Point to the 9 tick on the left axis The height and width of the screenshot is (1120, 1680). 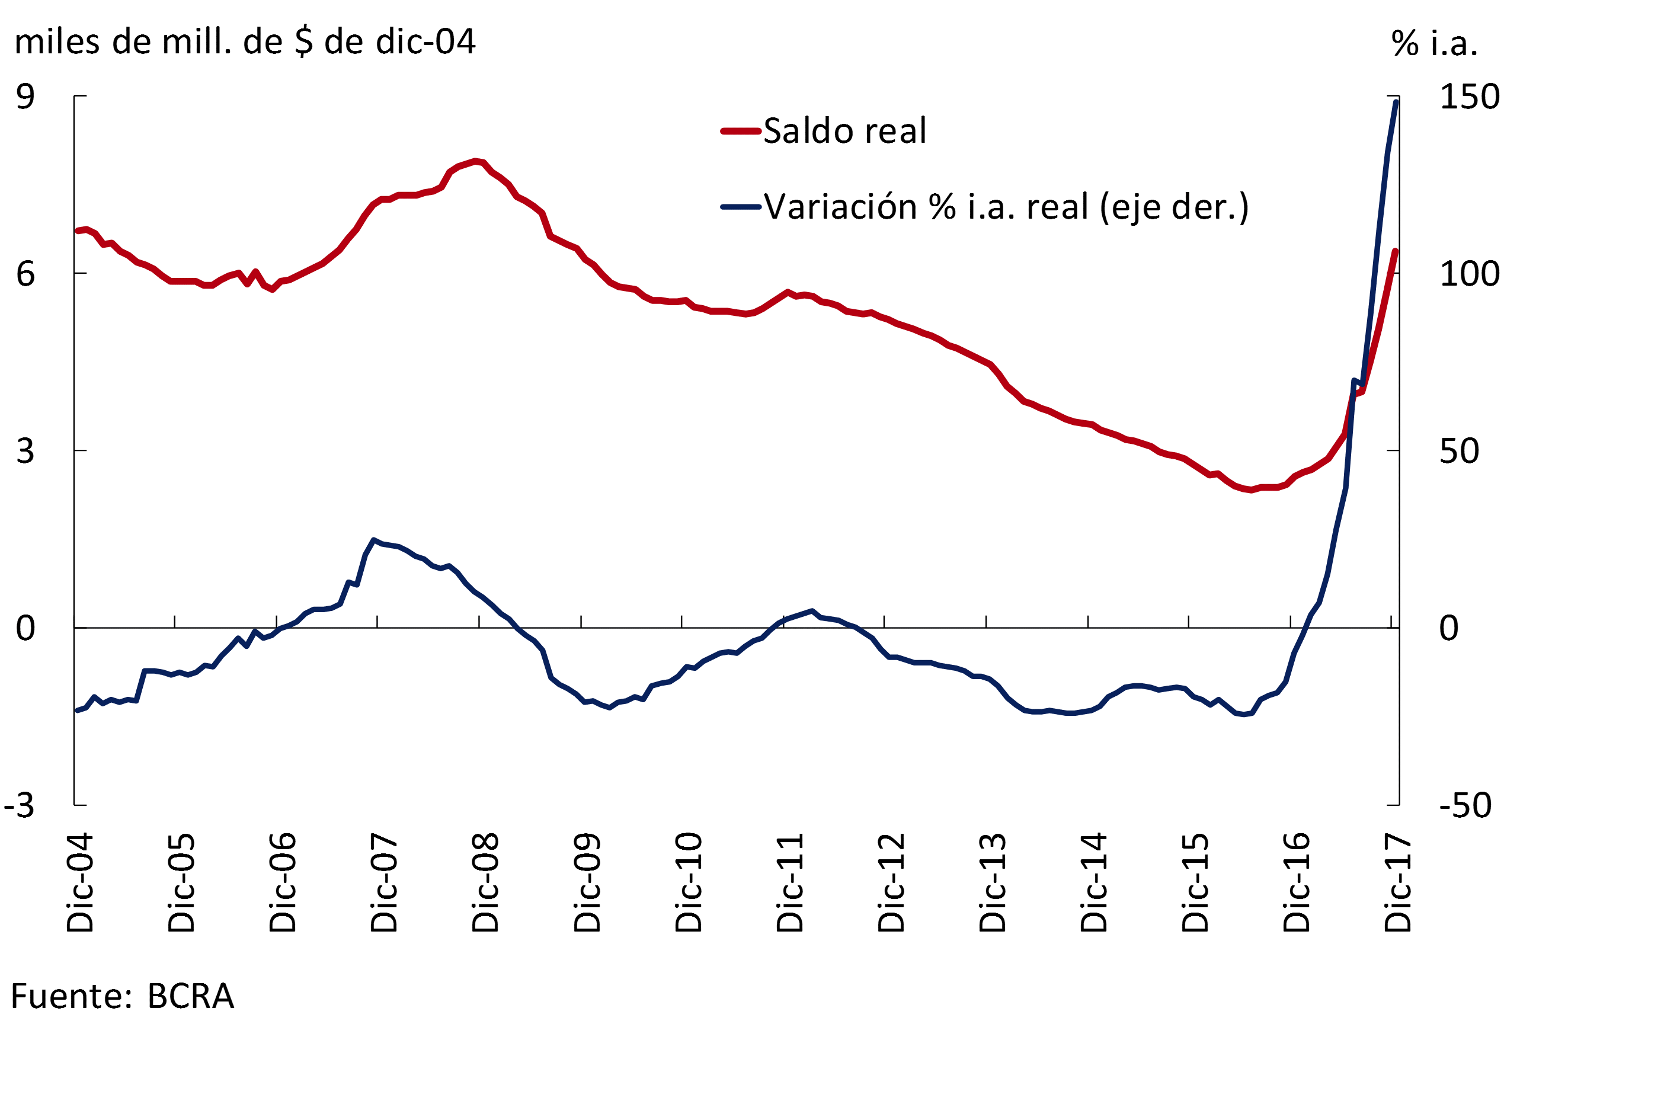tap(25, 97)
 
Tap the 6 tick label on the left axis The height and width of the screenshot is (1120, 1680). tap(25, 274)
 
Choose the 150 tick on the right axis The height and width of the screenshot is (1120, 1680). tap(1469, 97)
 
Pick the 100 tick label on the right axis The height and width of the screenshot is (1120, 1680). tap(1469, 274)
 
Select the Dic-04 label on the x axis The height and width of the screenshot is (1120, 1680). tap(80, 882)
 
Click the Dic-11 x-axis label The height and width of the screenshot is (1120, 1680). tap(791, 882)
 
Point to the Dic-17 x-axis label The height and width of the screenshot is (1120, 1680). tap(1399, 882)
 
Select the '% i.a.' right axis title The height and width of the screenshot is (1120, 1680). tap(1434, 43)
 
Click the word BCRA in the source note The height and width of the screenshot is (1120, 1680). tap(191, 996)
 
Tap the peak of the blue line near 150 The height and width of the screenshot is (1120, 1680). tap(1396, 102)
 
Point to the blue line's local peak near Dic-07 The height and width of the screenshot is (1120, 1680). tap(373, 540)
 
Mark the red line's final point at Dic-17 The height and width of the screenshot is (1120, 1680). tap(1395, 251)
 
